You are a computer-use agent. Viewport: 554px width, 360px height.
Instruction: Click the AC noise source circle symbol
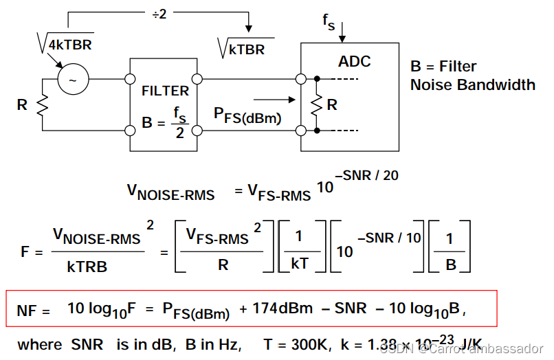pyautogui.click(x=73, y=80)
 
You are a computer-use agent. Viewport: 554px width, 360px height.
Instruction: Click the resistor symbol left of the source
pyautogui.click(x=42, y=104)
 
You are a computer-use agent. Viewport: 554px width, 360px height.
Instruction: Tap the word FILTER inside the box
pyautogui.click(x=165, y=91)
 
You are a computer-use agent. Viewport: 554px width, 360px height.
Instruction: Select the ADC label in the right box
pyautogui.click(x=354, y=62)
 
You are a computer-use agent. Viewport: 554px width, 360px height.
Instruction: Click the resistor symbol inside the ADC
pyautogui.click(x=316, y=104)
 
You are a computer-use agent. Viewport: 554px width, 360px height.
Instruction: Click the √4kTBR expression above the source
pyautogui.click(x=65, y=45)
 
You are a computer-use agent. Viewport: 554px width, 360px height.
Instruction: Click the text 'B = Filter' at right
pyautogui.click(x=443, y=67)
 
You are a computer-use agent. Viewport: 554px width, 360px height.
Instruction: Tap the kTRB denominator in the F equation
pyautogui.click(x=87, y=267)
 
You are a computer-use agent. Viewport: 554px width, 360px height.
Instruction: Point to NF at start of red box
pyautogui.click(x=34, y=311)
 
